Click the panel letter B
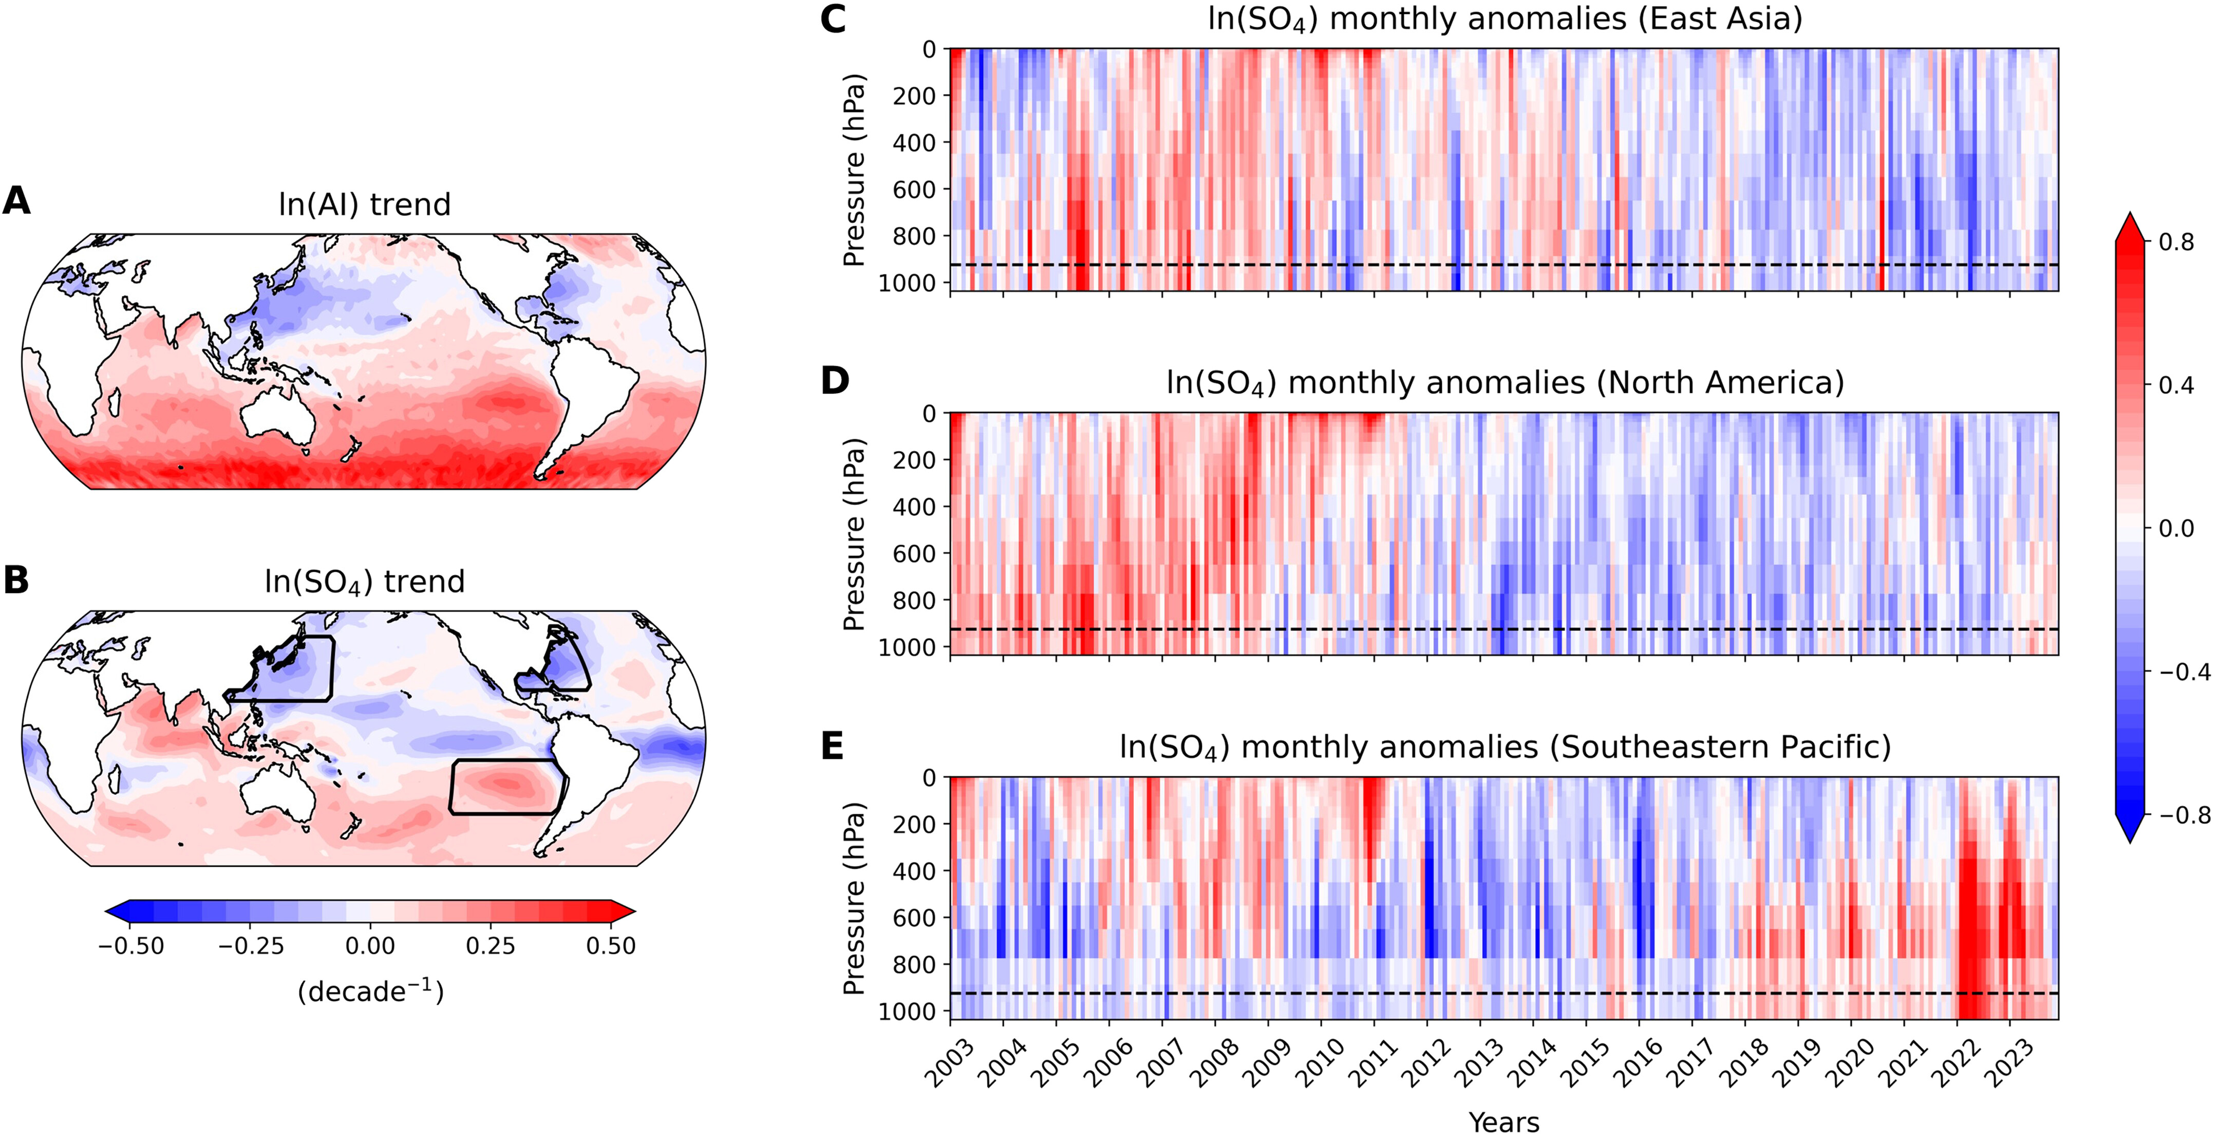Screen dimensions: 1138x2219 click(x=16, y=580)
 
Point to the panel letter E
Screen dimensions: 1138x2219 click(x=832, y=745)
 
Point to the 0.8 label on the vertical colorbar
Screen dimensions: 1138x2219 click(x=2176, y=242)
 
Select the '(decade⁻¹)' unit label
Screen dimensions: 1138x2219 click(x=370, y=992)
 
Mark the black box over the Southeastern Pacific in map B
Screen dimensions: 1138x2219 click(x=506, y=787)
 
